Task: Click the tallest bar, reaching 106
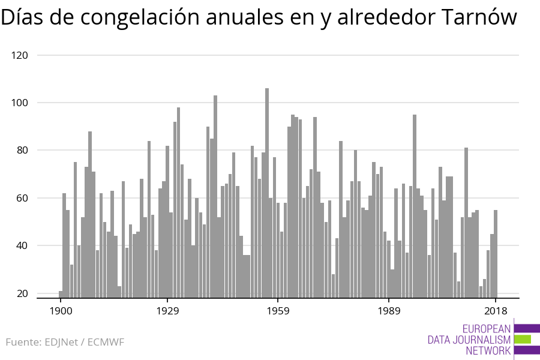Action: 267,192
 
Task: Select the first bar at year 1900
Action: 61,294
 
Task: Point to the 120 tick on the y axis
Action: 20,55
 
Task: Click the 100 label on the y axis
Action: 20,103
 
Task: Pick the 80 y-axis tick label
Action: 22,150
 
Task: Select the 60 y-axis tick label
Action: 22,198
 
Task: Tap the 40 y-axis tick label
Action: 22,245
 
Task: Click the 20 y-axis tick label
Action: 22,293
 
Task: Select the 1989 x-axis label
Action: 389,311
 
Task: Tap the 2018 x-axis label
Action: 496,311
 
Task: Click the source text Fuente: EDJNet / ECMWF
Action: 65,342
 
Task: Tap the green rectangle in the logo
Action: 522,339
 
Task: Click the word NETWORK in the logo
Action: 488,350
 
